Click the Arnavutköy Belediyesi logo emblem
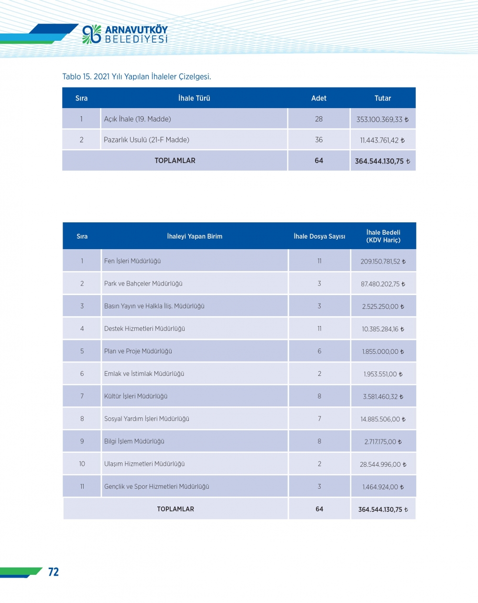point(92,34)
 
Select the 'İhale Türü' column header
point(194,98)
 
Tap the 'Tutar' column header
point(382,98)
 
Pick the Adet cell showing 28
point(319,119)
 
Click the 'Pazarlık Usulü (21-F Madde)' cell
point(146,140)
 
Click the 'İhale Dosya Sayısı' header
point(319,236)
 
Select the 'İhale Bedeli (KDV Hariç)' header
point(383,236)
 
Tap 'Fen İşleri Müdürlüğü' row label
point(132,261)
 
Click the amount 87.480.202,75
point(382,284)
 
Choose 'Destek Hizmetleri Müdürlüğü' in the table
point(144,329)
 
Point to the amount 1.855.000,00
point(382,351)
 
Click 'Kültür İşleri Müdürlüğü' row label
point(136,396)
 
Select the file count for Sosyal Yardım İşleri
point(319,419)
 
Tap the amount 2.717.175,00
point(382,442)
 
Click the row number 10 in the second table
point(82,464)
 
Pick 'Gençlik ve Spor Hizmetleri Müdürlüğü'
point(157,487)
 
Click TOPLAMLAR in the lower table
point(175,509)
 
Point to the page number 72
point(54,572)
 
